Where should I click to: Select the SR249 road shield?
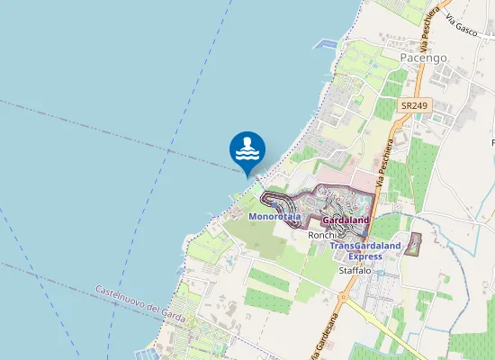click(413, 105)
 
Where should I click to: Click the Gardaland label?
click(346, 220)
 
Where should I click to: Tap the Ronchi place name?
click(321, 235)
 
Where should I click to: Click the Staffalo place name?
click(355, 271)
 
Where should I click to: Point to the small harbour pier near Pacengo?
click(323, 43)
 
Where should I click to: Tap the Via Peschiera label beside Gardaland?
click(386, 166)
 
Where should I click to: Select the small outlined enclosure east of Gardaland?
click(413, 243)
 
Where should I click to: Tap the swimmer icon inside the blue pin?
click(247, 148)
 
